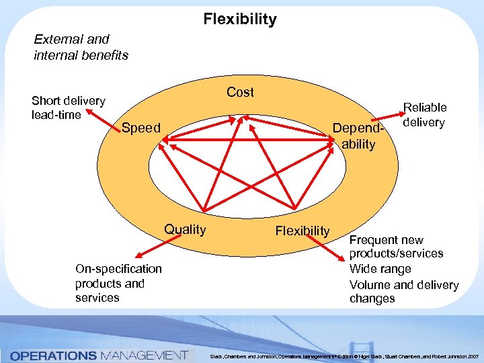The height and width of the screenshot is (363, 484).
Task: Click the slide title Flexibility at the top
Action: [240, 19]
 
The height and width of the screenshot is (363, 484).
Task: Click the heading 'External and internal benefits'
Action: [81, 47]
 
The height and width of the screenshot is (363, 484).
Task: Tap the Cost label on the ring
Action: [240, 92]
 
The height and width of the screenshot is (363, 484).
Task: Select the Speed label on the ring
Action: [141, 128]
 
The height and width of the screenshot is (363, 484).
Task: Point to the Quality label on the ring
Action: [186, 229]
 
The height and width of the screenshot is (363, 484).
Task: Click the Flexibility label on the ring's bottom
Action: [302, 231]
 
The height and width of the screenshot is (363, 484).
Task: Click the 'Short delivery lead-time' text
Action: [68, 108]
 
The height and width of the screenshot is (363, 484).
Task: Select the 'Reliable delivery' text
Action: [424, 115]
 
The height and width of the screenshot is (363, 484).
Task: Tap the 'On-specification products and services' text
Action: [118, 283]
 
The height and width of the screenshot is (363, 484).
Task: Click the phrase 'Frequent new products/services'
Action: [396, 247]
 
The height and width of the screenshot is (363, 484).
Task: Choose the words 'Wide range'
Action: [380, 269]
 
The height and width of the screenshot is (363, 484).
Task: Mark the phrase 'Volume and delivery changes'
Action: [403, 291]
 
